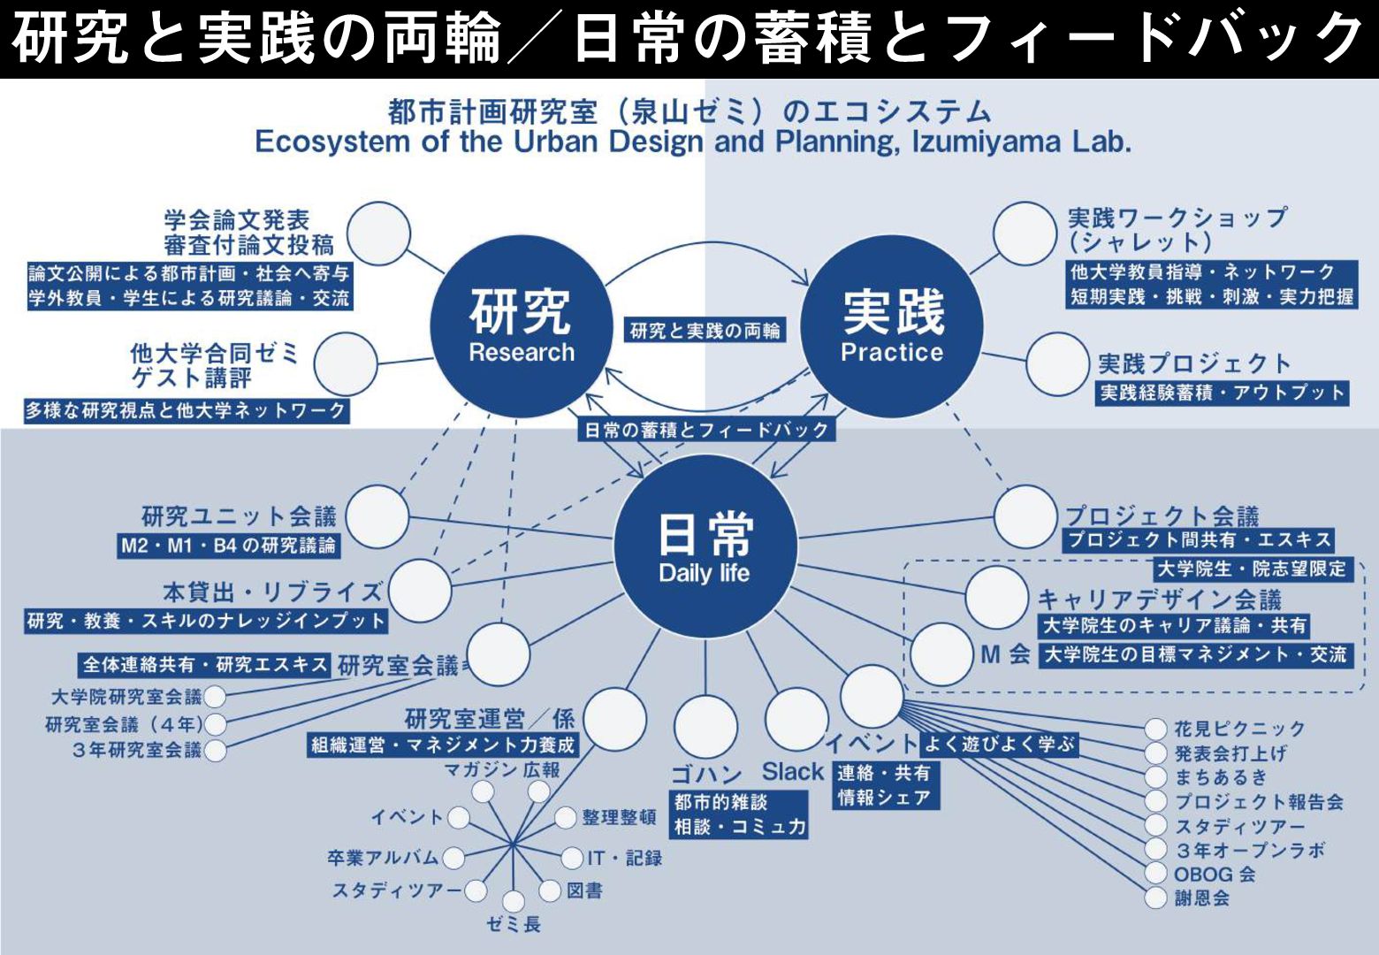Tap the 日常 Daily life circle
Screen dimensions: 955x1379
(x=705, y=546)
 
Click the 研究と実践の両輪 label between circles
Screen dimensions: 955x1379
(x=705, y=331)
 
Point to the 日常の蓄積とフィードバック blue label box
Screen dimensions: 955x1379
(x=706, y=430)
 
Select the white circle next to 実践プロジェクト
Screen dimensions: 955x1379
(x=1057, y=363)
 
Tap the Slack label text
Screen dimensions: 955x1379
(x=793, y=772)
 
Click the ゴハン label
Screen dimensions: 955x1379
(x=705, y=775)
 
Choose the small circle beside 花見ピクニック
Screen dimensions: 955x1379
(x=1155, y=730)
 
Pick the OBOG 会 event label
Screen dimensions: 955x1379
(x=1214, y=875)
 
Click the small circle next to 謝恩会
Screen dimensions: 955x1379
(x=1155, y=898)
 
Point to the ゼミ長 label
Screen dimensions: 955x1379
(x=514, y=925)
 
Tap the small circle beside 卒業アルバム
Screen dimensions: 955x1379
(x=453, y=858)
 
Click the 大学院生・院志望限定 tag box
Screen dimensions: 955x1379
(x=1251, y=569)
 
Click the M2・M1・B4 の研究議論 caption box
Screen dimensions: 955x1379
(x=229, y=546)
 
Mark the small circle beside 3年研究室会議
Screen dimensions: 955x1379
(x=215, y=751)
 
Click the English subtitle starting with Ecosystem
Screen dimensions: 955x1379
(x=692, y=141)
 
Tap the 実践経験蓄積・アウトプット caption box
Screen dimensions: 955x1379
(x=1223, y=393)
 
